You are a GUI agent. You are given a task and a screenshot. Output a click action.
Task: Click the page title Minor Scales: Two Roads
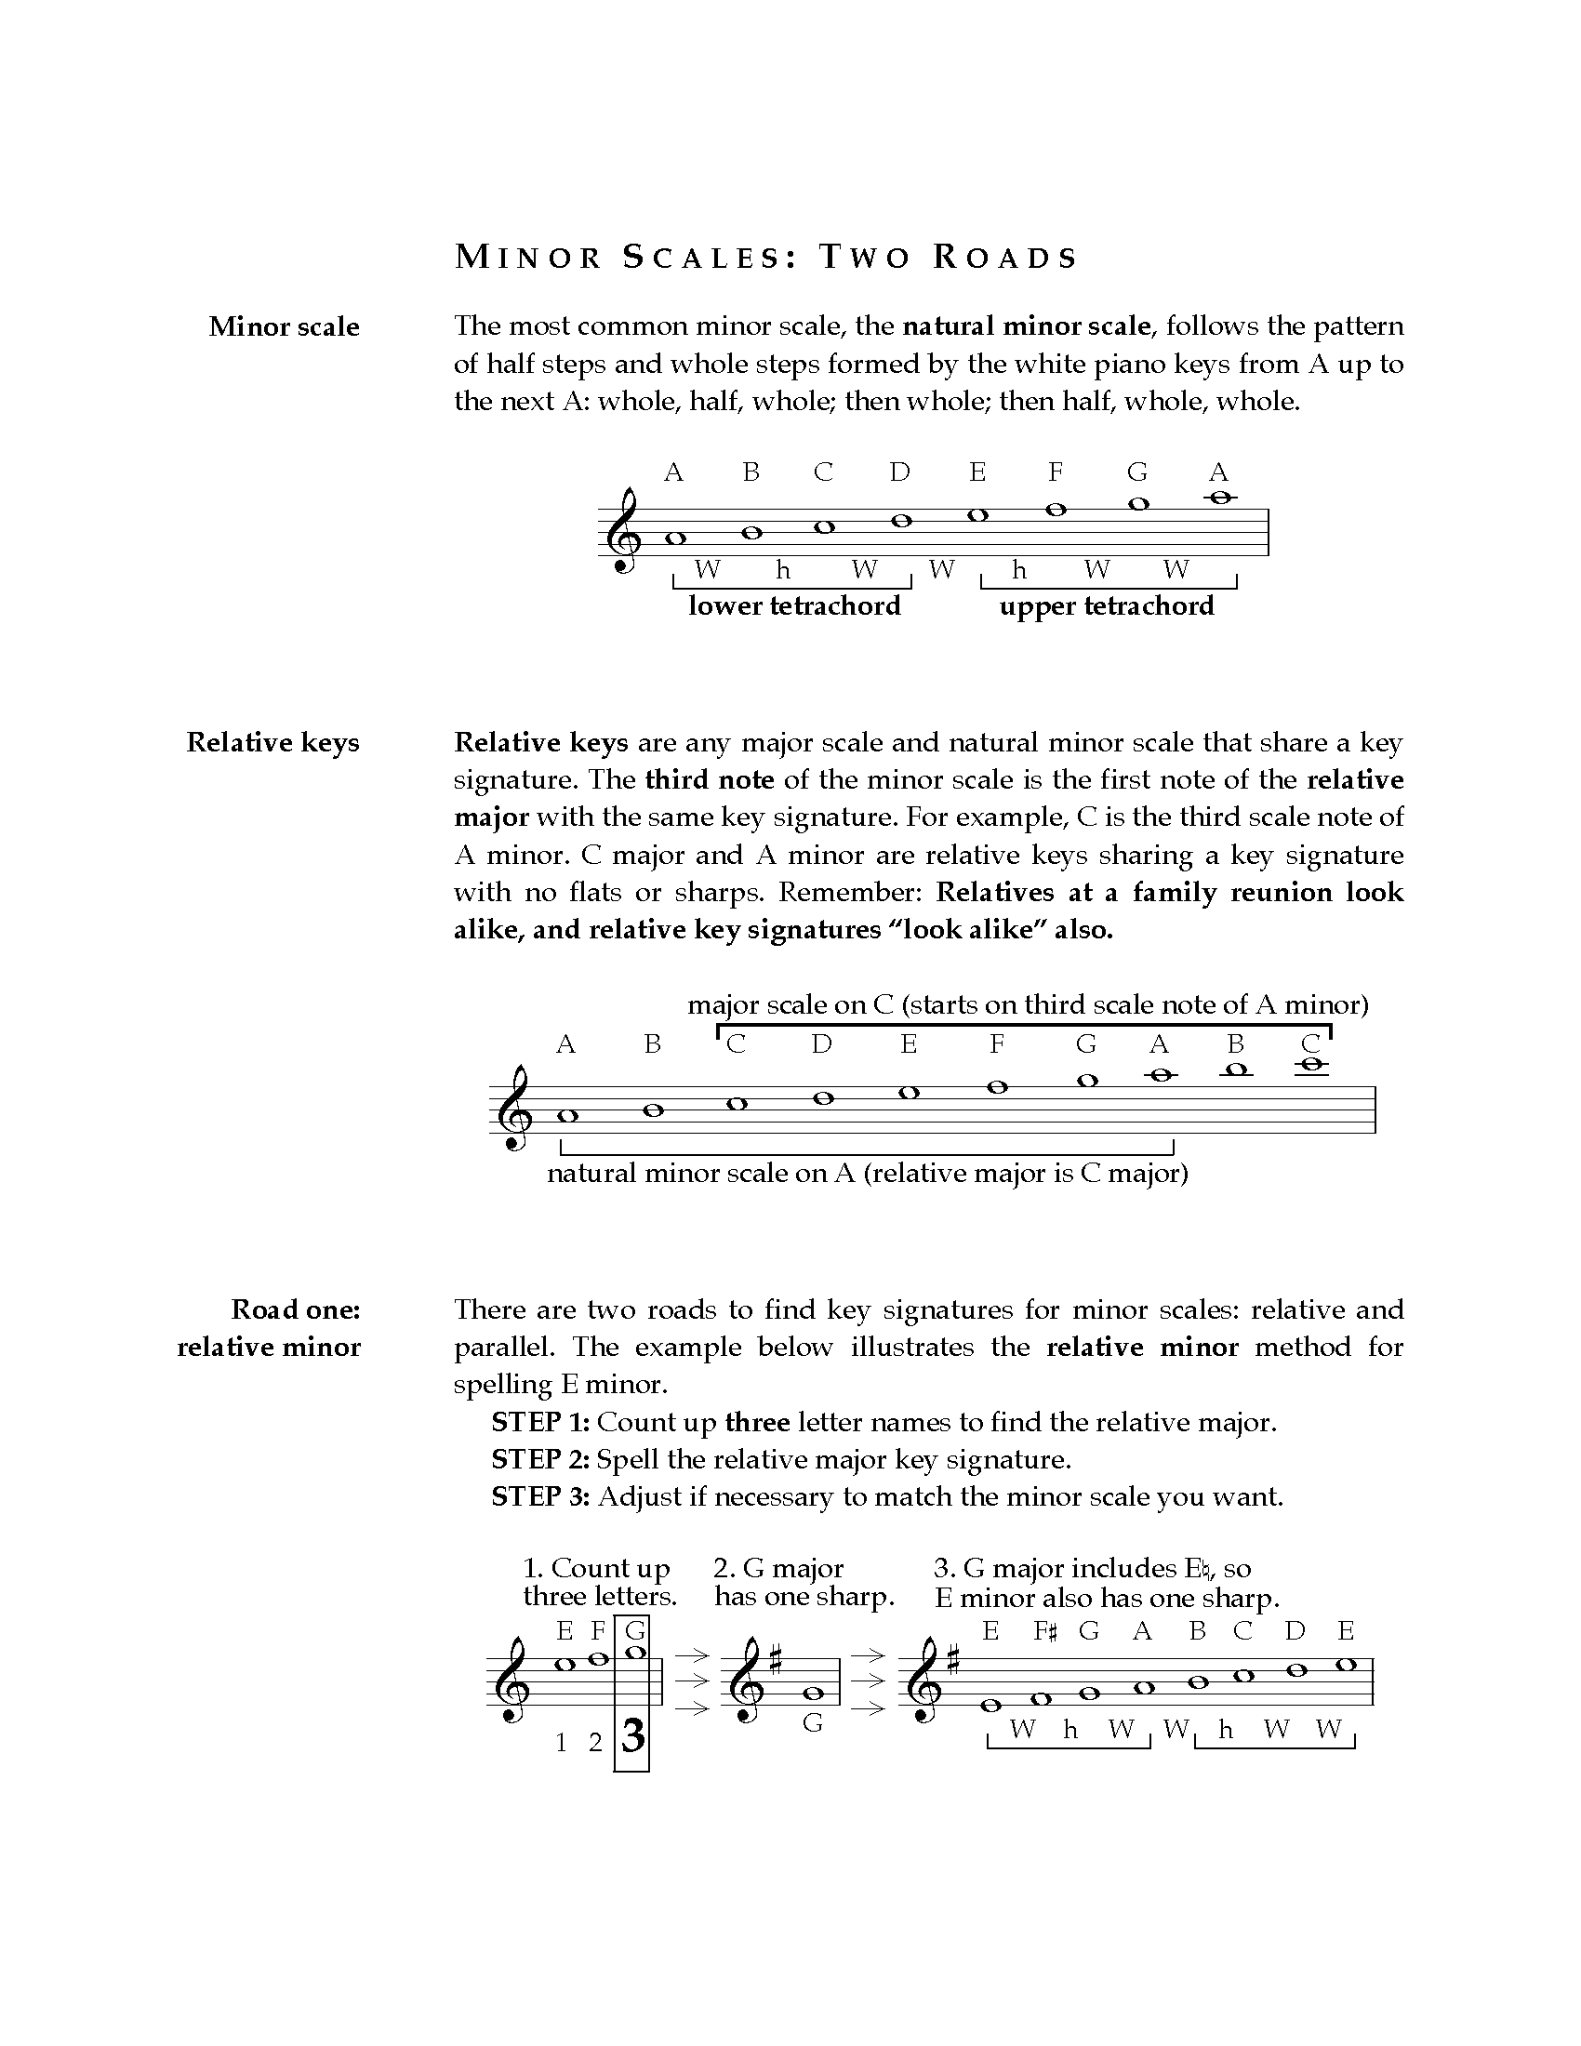pyautogui.click(x=765, y=257)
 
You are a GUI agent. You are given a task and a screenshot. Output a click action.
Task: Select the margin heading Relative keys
pyautogui.click(x=272, y=743)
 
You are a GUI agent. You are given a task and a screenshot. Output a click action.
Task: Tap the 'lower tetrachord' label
pyautogui.click(x=794, y=606)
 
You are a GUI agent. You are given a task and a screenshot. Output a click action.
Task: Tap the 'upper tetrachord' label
pyautogui.click(x=1106, y=606)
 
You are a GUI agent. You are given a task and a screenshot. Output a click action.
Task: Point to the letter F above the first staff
pyautogui.click(x=1056, y=472)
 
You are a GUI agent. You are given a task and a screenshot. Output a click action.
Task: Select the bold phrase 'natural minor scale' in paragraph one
pyautogui.click(x=1026, y=326)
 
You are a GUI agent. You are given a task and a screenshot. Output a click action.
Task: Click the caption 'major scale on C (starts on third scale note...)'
pyautogui.click(x=1028, y=1005)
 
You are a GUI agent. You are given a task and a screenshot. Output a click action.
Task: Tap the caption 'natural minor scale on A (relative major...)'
pyautogui.click(x=868, y=1173)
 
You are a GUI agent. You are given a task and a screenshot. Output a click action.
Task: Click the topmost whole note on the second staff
pyautogui.click(x=1311, y=1064)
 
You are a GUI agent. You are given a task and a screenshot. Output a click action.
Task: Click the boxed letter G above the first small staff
pyautogui.click(x=634, y=1631)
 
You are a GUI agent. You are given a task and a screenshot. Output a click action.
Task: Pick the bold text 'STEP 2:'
pyautogui.click(x=540, y=1459)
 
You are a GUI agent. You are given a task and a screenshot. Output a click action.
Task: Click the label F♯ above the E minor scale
pyautogui.click(x=1044, y=1631)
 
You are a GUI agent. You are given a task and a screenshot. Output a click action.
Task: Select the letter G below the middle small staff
pyautogui.click(x=813, y=1722)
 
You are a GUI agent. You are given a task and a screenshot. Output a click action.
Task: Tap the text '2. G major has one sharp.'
pyautogui.click(x=804, y=1582)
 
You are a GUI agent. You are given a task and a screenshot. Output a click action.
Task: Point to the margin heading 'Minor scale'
pyautogui.click(x=284, y=327)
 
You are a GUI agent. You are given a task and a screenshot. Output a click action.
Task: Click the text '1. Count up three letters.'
pyautogui.click(x=600, y=1582)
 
